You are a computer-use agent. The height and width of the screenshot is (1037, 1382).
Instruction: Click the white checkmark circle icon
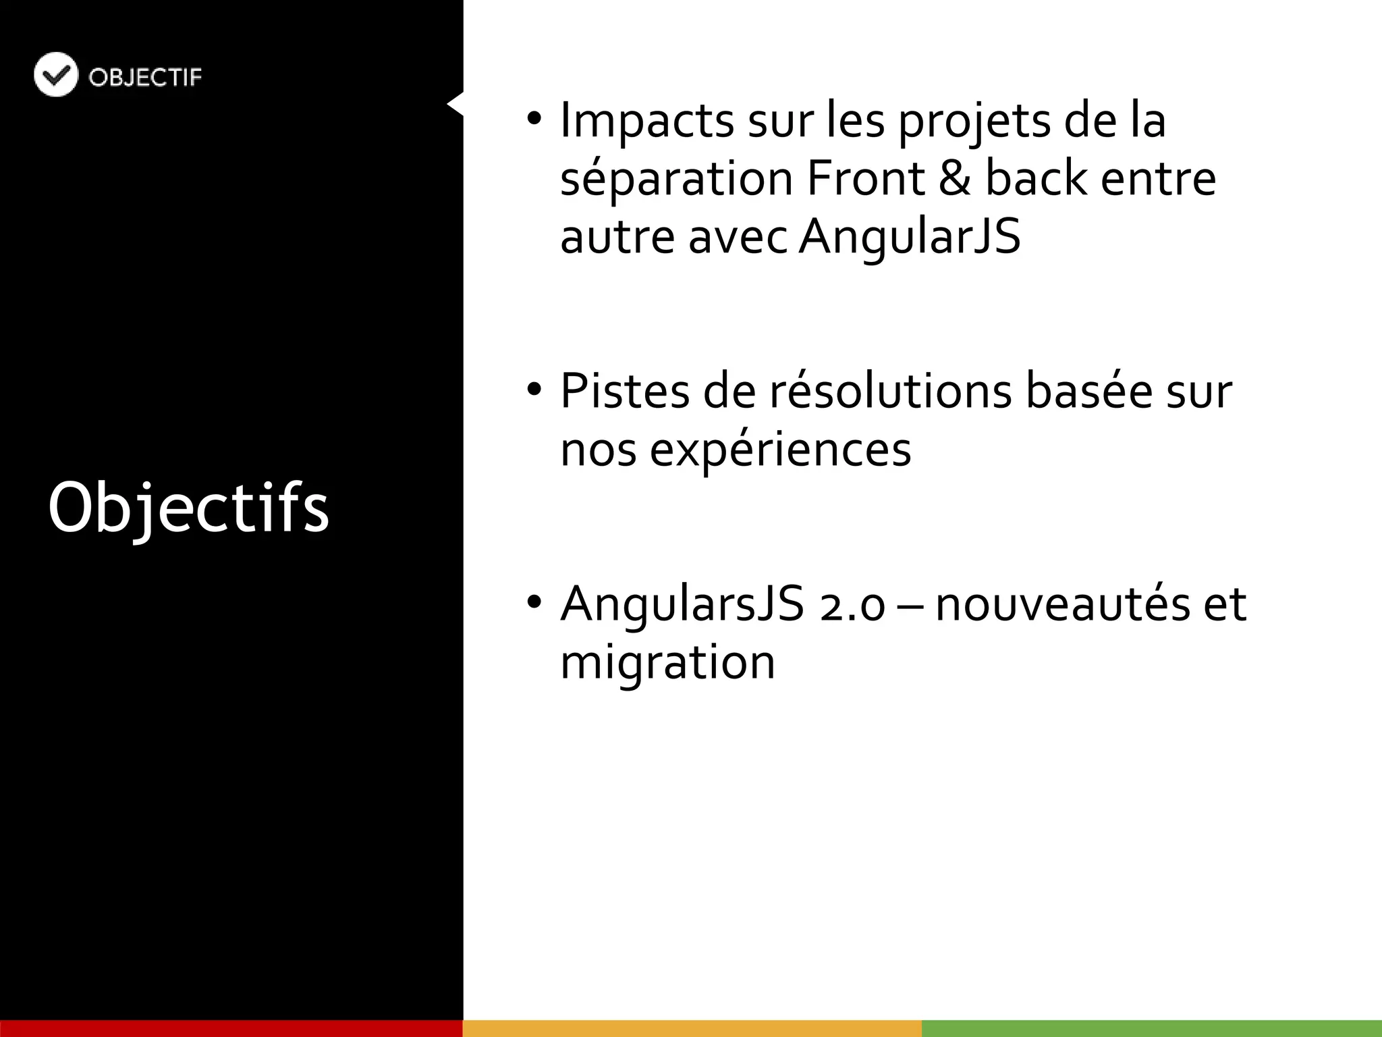[55, 74]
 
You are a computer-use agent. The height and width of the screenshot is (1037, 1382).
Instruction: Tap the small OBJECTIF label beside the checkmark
[145, 78]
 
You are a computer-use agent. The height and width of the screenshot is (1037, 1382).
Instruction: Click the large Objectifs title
[188, 508]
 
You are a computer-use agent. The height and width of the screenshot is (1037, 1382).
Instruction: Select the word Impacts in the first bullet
[646, 121]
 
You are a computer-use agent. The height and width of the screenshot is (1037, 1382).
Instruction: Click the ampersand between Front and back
[954, 179]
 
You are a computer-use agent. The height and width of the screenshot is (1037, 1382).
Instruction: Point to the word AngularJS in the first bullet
[910, 237]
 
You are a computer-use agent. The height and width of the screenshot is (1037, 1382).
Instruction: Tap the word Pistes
[625, 391]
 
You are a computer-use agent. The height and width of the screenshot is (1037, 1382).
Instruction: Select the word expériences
[780, 450]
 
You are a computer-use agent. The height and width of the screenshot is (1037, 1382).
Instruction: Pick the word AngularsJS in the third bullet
[682, 604]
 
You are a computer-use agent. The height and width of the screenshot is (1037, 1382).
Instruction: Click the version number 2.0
[852, 605]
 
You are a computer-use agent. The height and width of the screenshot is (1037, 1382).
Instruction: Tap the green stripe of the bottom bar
[1151, 1028]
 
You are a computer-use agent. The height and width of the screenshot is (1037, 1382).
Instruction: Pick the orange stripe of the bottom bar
[692, 1028]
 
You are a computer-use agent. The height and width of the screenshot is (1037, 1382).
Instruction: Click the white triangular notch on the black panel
[456, 104]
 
